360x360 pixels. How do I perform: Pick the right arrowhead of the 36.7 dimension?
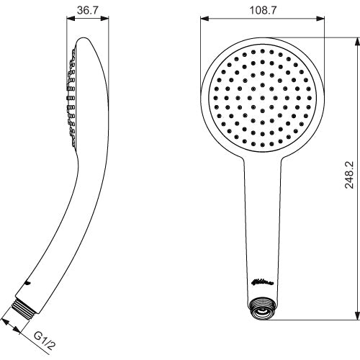[x=107, y=19]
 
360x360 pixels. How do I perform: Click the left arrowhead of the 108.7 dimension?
[x=202, y=19]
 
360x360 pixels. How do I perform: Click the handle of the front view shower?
[x=261, y=223]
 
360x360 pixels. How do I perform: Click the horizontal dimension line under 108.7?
[x=230, y=19]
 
